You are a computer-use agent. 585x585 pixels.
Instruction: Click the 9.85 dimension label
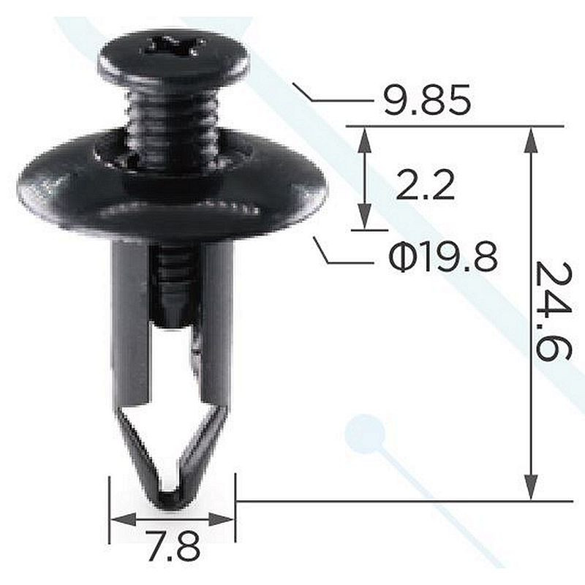pos(427,101)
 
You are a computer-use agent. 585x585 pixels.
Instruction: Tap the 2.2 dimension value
pos(425,185)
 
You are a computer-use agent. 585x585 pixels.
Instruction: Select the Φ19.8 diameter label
pos(443,257)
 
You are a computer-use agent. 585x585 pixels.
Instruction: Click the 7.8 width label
pos(172,547)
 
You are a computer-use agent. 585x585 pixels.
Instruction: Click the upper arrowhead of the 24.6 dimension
pos(531,140)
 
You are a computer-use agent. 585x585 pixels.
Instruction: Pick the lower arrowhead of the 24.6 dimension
pos(531,487)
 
